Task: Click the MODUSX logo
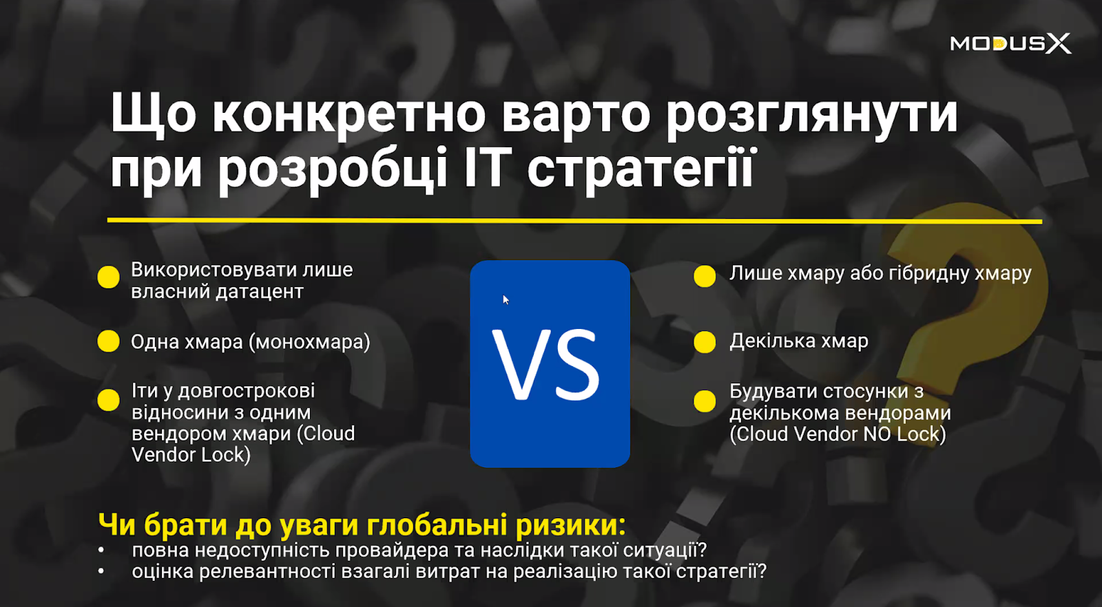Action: (1010, 43)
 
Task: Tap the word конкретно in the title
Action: (349, 114)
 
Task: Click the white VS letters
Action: (547, 365)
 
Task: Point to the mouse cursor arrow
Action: (506, 299)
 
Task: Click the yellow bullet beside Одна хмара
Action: (108, 341)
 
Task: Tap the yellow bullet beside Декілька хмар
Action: (705, 341)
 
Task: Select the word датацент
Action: (260, 292)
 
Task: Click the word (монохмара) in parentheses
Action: (309, 341)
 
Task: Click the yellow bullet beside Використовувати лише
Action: (108, 277)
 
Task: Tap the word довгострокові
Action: (246, 391)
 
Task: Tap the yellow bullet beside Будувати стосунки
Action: (705, 401)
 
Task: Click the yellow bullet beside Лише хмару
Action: (705, 276)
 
